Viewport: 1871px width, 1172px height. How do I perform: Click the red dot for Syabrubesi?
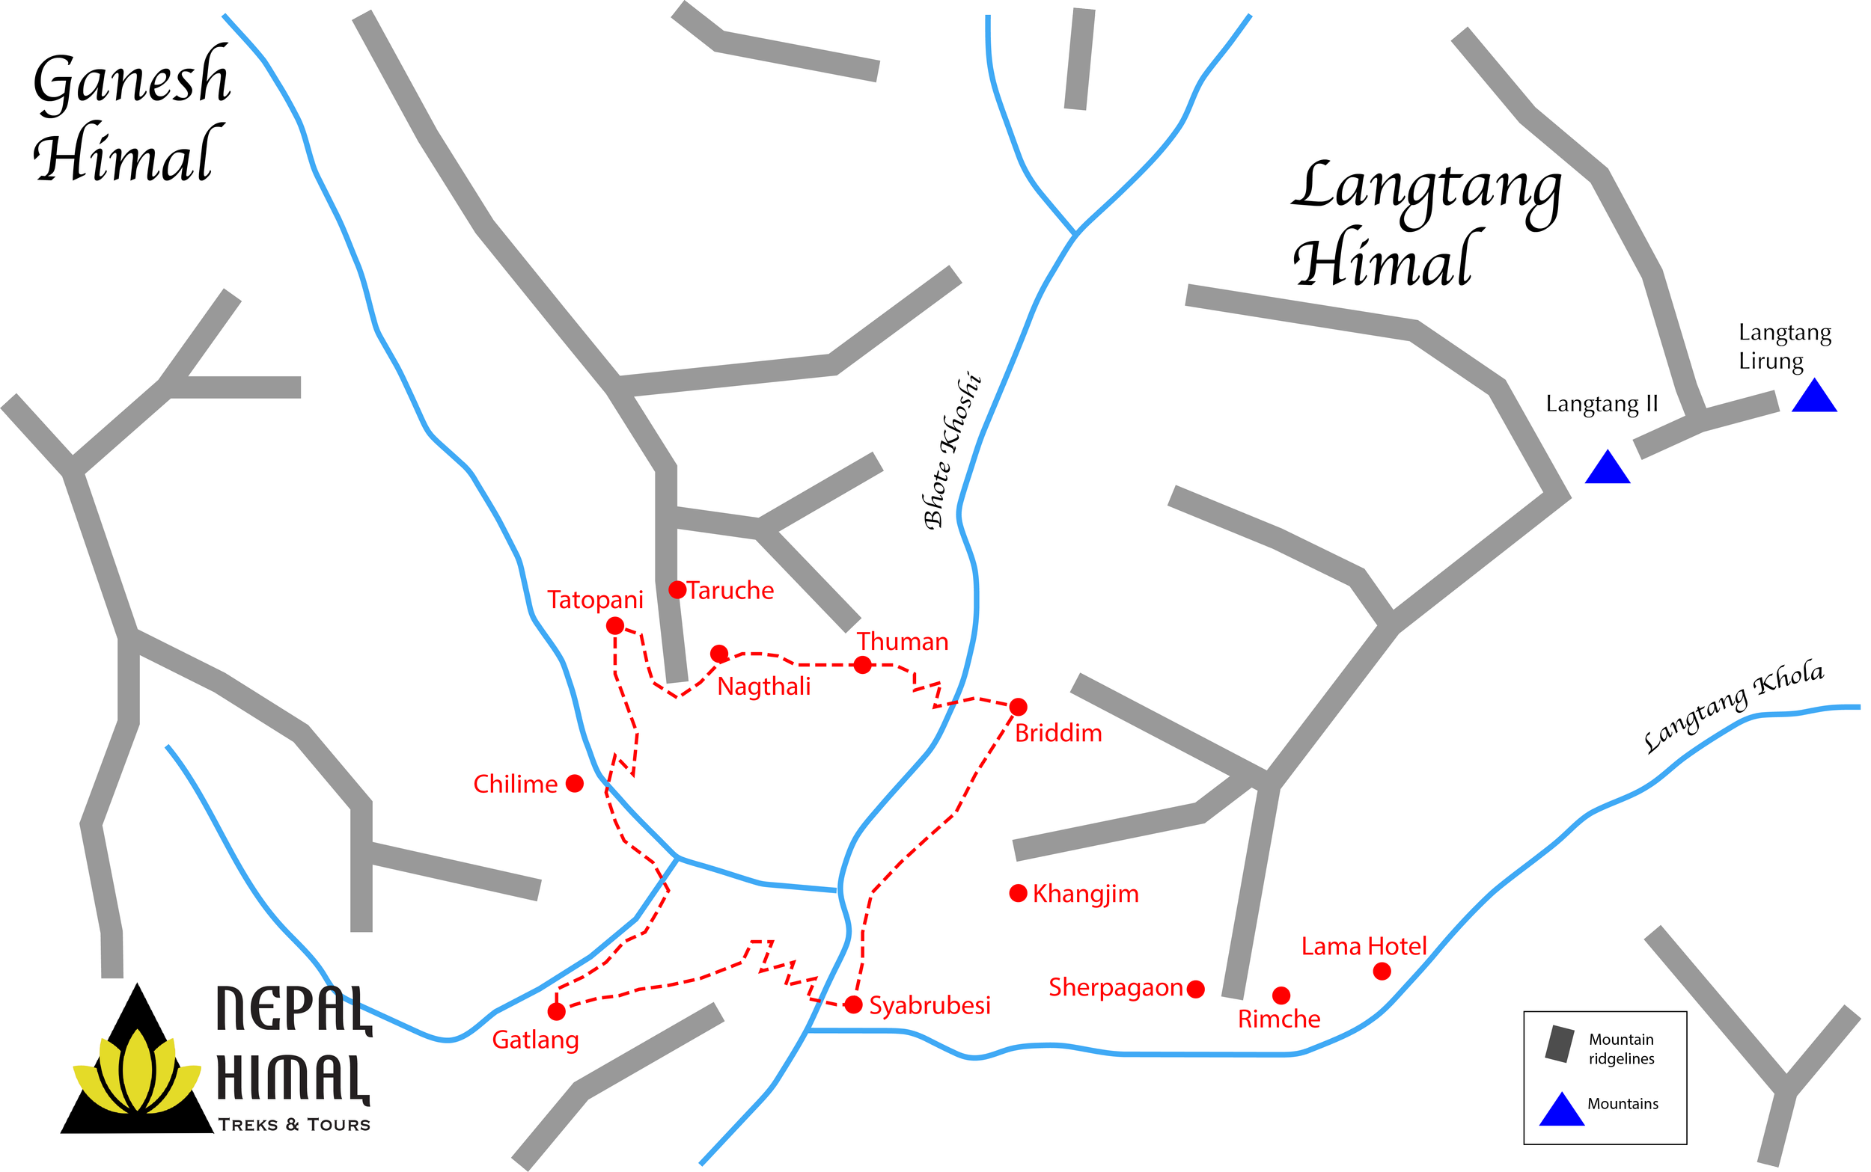point(853,1004)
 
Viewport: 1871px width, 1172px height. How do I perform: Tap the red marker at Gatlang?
point(556,1010)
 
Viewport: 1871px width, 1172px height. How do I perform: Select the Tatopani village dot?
point(615,625)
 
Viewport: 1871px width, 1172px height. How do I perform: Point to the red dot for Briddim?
point(1018,706)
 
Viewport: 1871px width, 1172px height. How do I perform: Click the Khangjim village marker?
point(1018,893)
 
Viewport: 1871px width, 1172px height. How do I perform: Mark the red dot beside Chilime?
point(575,784)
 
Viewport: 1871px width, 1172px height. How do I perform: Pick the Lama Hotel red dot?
point(1382,971)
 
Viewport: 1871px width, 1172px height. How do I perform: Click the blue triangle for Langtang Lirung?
point(1814,397)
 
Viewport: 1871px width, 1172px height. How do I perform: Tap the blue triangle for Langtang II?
point(1608,469)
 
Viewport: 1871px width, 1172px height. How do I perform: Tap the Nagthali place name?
point(764,686)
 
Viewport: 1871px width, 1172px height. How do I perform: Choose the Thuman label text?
point(903,642)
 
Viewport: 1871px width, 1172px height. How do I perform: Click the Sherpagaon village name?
point(1115,987)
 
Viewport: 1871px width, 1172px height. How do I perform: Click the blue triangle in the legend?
point(1561,1110)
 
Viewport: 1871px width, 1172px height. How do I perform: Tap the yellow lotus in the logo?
point(137,1073)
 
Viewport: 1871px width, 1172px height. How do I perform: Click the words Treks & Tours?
point(294,1125)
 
